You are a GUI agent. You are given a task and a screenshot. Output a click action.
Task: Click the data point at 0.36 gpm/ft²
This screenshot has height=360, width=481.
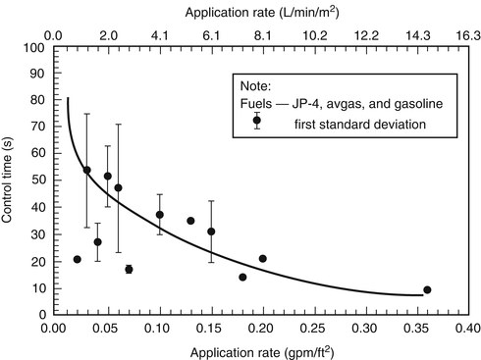click(427, 289)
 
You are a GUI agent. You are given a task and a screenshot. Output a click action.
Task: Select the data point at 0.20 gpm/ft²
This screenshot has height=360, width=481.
click(262, 258)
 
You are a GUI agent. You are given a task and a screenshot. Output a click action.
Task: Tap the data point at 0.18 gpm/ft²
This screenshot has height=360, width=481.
click(242, 277)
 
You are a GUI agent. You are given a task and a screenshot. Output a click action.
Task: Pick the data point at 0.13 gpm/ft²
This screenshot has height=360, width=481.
click(190, 221)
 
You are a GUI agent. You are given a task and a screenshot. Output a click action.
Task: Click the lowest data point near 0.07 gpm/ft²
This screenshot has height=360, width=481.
click(129, 269)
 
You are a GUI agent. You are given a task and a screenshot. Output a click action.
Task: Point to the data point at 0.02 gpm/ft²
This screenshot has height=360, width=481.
click(77, 259)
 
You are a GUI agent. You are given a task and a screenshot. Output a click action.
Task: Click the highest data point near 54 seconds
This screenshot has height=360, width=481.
click(86, 170)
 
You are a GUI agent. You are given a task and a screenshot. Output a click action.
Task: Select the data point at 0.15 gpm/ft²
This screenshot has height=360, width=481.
click(211, 231)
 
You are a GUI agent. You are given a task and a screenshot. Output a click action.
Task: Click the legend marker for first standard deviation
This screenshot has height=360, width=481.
click(256, 121)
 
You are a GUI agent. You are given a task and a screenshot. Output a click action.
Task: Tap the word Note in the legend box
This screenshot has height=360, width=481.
click(249, 84)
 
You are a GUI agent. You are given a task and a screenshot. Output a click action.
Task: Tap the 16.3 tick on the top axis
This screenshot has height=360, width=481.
click(468, 31)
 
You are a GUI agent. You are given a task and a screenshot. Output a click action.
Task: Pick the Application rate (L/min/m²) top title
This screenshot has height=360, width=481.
click(261, 10)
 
